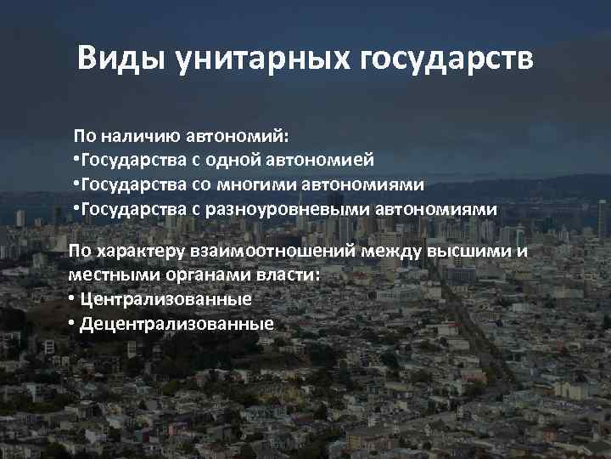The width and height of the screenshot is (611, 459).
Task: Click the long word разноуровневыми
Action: tap(285, 209)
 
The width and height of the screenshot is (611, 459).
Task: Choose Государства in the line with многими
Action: tap(129, 184)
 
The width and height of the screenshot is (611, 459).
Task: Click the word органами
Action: tap(198, 275)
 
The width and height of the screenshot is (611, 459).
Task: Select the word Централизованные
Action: tap(167, 300)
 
